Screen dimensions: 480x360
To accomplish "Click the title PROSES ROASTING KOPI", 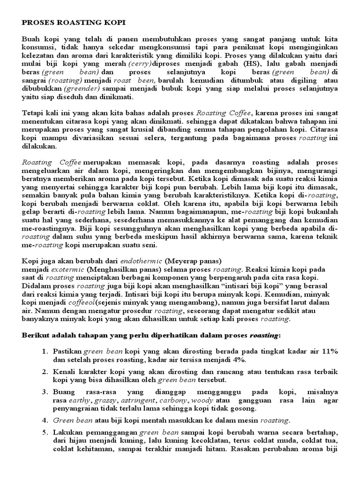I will coord(74,22).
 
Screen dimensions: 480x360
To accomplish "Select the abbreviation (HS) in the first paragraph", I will coord(232,63).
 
